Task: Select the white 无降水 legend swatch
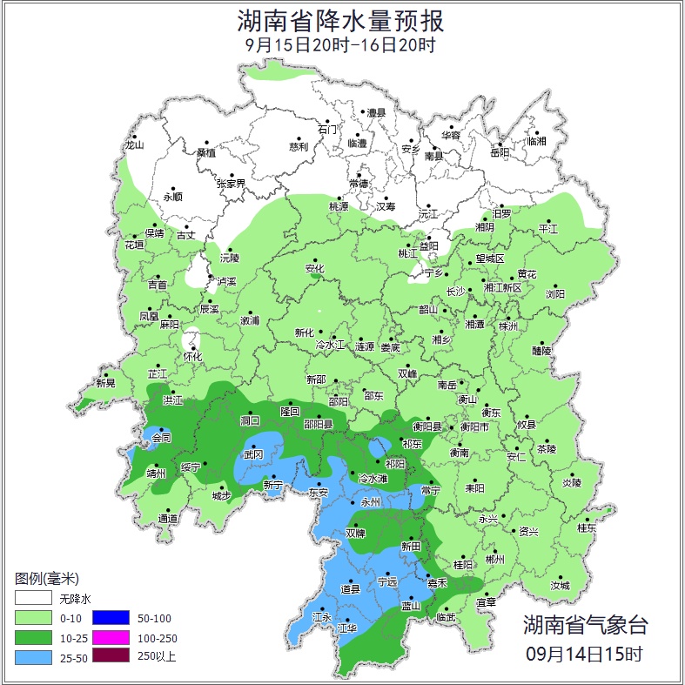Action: coord(32,599)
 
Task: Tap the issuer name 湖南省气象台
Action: coord(585,624)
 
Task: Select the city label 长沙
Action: coord(456,292)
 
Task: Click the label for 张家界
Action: coord(231,184)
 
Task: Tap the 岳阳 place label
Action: coord(500,152)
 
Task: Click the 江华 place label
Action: coord(347,628)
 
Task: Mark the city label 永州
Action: coord(372,502)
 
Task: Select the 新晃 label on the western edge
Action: coord(105,383)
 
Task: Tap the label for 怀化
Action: coord(192,357)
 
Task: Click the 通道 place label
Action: coord(167,519)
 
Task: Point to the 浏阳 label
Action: coord(555,294)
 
